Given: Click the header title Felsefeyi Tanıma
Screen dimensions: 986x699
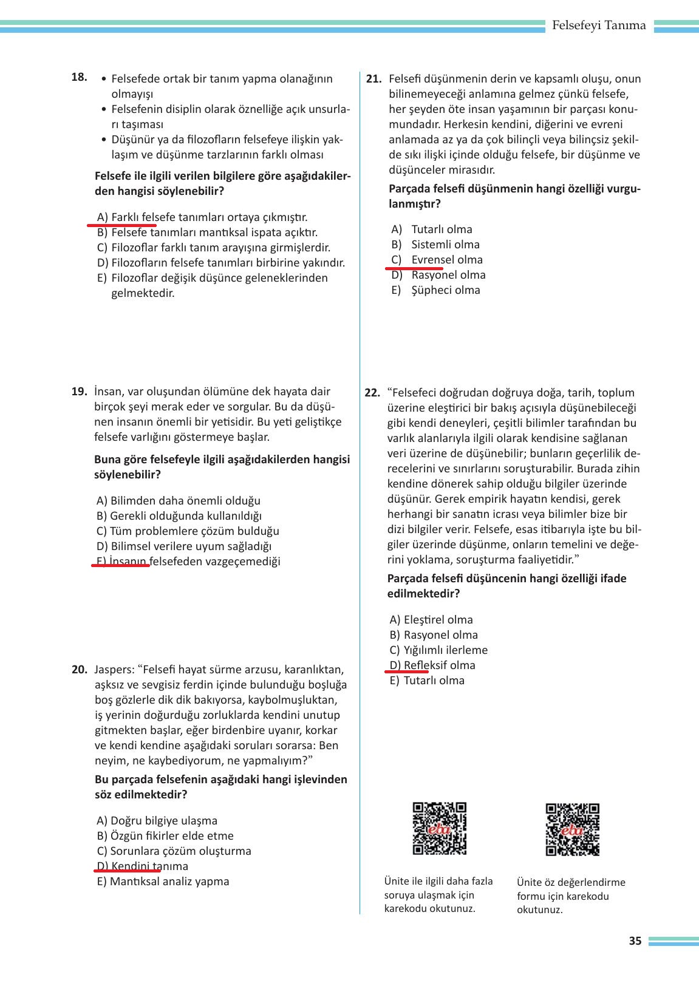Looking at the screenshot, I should [x=599, y=25].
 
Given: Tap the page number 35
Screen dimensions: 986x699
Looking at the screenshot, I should [x=635, y=941].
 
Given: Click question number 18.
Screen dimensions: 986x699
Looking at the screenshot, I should [x=79, y=77].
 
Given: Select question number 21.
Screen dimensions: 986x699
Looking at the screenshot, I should [x=373, y=79].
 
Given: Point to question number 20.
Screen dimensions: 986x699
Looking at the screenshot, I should [x=80, y=670].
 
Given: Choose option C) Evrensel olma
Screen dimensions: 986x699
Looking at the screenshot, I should [x=437, y=260].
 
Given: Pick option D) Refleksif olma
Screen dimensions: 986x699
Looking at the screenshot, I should [x=432, y=665].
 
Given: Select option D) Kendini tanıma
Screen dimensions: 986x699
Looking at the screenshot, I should [x=143, y=866].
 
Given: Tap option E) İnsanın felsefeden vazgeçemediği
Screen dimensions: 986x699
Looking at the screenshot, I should [x=188, y=562].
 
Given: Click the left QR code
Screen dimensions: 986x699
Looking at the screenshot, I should [x=440, y=828].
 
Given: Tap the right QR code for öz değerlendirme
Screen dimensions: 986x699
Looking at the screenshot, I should [x=572, y=829].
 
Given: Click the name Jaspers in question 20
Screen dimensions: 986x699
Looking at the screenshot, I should [x=114, y=670].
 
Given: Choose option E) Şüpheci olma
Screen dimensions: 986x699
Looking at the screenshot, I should [x=436, y=290].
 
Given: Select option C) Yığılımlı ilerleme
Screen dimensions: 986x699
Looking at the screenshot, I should [x=438, y=650].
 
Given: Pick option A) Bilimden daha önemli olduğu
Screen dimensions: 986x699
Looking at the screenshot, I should [x=179, y=501].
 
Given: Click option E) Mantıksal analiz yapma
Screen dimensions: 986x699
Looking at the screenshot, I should [x=163, y=882].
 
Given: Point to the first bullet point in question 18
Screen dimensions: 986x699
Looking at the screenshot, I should [x=105, y=80].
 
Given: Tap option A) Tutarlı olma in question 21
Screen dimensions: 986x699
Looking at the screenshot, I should [x=432, y=229].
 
